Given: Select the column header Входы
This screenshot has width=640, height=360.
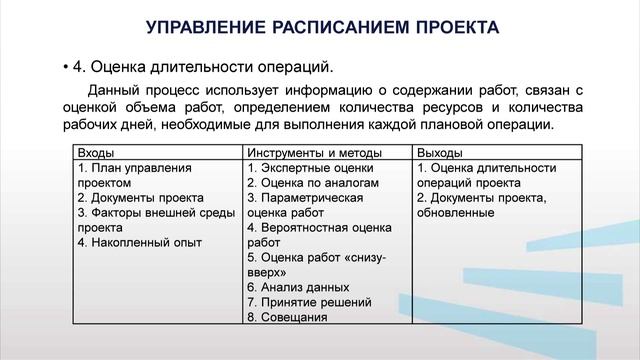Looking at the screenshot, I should pos(95,153).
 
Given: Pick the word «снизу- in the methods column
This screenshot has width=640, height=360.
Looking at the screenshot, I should pos(359,257).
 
